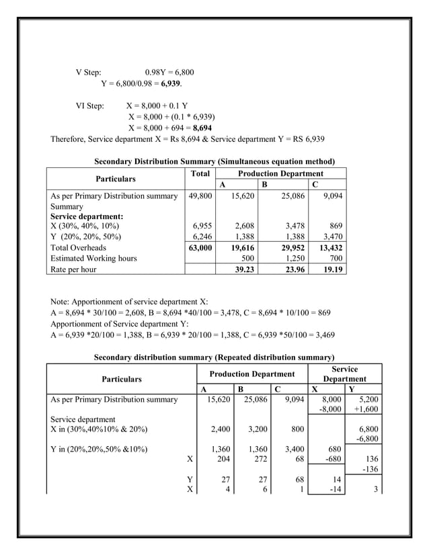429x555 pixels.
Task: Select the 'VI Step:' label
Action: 90,105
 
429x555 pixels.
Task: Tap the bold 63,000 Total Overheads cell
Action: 199,247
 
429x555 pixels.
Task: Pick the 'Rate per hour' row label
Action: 74,269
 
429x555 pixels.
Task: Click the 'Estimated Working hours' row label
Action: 93,258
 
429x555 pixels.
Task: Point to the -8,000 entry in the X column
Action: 329,410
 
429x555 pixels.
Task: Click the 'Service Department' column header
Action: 344,374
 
